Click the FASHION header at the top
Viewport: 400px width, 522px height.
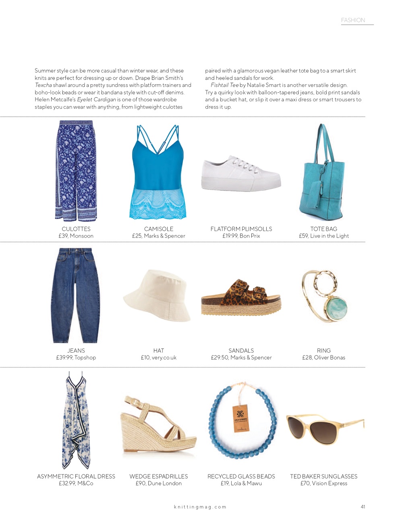click(x=353, y=20)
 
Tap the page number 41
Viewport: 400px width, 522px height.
click(x=363, y=507)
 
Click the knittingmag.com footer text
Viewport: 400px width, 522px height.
click(x=200, y=507)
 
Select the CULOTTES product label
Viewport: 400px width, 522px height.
click(x=76, y=229)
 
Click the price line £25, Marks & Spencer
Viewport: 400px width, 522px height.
click(x=159, y=236)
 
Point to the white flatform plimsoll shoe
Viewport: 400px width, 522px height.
click(x=240, y=175)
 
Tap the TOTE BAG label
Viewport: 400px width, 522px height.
click(x=323, y=229)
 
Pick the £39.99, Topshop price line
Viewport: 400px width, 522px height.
click(x=76, y=357)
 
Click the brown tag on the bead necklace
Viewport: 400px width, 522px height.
click(x=240, y=418)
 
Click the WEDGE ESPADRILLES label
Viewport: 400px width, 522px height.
click(x=159, y=476)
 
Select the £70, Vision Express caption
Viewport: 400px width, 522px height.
click(x=323, y=483)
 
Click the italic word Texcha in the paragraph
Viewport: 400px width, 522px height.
click(x=44, y=85)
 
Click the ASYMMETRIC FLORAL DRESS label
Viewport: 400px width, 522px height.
click(x=76, y=476)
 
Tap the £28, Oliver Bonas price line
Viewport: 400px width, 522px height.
click(x=323, y=357)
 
